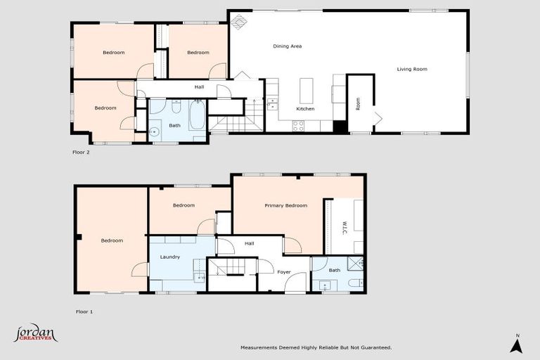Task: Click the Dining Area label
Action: click(x=287, y=46)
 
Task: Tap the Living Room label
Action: click(x=412, y=69)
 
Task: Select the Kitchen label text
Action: click(x=305, y=109)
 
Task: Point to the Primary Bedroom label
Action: click(x=285, y=205)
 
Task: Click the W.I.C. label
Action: click(x=345, y=226)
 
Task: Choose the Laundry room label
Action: click(x=170, y=257)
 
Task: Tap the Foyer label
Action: click(x=284, y=271)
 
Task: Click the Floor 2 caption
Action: click(x=82, y=151)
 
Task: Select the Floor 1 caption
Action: click(x=84, y=311)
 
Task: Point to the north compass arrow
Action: click(x=516, y=345)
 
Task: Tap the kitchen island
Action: click(x=306, y=90)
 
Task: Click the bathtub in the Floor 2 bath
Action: click(x=197, y=117)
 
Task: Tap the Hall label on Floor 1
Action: click(x=249, y=244)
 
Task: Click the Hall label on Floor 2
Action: click(x=199, y=86)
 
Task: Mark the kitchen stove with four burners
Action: click(x=298, y=126)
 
